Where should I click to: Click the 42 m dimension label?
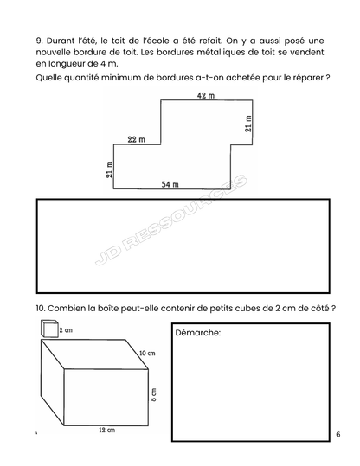click(x=205, y=95)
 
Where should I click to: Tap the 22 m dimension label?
click(x=136, y=139)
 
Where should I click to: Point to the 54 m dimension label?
click(x=170, y=183)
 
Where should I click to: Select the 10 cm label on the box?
click(x=147, y=354)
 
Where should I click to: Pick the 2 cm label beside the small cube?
click(x=67, y=329)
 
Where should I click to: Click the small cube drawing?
click(x=48, y=328)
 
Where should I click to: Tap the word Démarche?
click(x=198, y=332)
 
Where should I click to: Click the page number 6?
click(x=337, y=434)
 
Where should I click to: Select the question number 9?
click(x=40, y=40)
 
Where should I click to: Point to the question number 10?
click(x=42, y=309)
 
